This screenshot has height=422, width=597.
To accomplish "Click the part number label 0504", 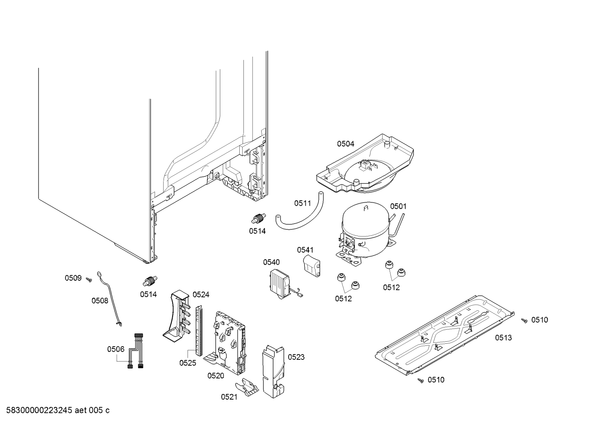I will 345,144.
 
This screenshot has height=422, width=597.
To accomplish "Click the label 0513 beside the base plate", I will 503,338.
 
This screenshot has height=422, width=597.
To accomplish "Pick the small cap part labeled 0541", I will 312,265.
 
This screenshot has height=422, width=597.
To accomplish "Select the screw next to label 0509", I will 89,280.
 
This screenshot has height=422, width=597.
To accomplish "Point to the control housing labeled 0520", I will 229,340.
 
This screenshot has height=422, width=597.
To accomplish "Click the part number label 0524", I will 201,294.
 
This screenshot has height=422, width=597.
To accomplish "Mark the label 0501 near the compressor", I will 398,206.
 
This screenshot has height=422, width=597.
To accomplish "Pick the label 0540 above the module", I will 271,262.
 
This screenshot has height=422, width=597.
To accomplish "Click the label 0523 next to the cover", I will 296,357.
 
